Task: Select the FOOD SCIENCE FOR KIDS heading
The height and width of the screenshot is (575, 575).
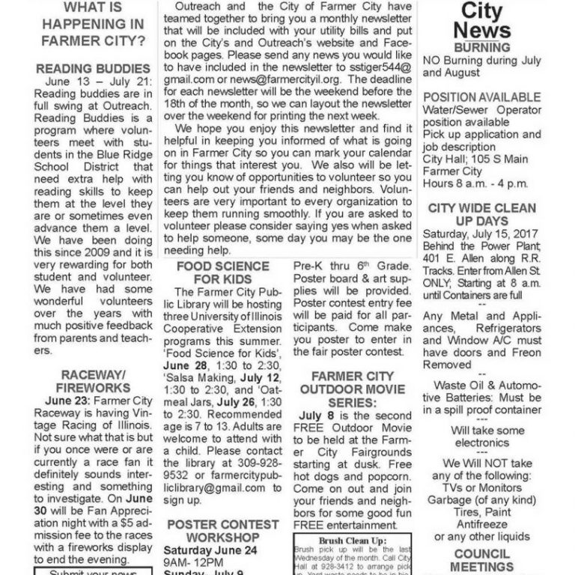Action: (x=222, y=273)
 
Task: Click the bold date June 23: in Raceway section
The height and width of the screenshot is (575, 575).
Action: (x=68, y=401)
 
